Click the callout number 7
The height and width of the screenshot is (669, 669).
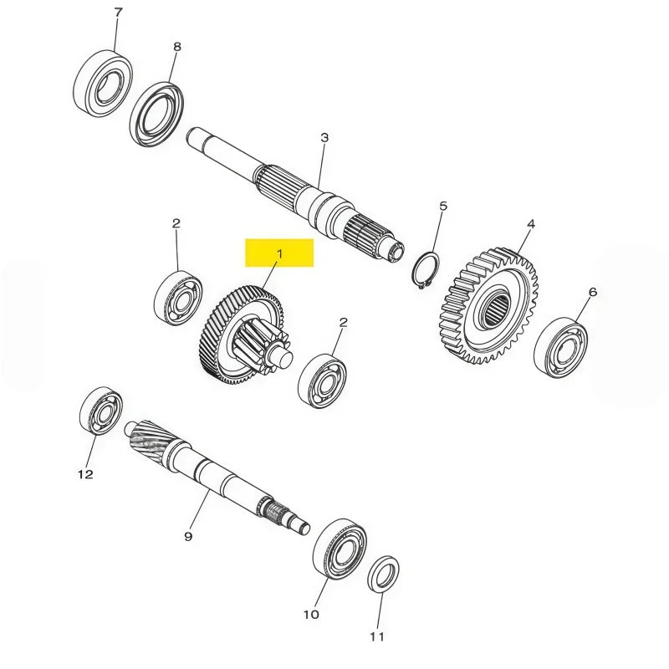tap(118, 13)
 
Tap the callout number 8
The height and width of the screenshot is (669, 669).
tap(177, 47)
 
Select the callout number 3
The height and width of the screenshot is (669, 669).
tap(324, 138)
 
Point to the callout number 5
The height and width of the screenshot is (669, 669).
tap(443, 207)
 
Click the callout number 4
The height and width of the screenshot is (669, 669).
tap(531, 224)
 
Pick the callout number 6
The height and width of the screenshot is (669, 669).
tap(593, 292)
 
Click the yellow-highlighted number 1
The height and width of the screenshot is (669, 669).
tap(279, 254)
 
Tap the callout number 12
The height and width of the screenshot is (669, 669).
tap(85, 474)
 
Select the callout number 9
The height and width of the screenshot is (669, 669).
tap(188, 536)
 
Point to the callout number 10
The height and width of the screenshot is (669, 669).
tap(311, 615)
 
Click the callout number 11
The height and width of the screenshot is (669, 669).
tap(377, 637)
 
